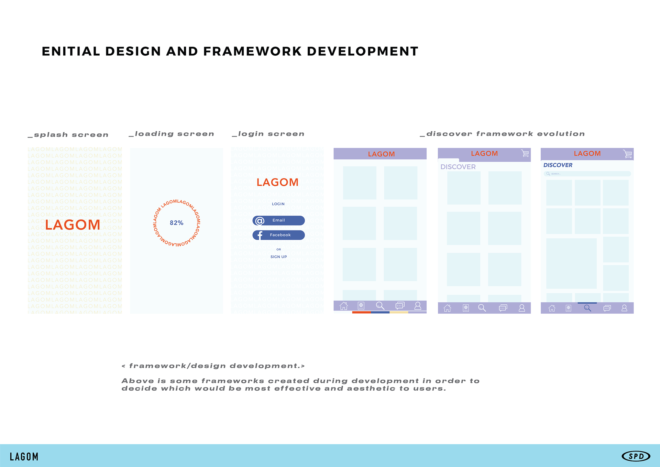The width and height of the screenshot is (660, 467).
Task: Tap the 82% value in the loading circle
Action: (x=176, y=223)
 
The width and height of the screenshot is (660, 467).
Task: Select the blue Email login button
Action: (x=278, y=220)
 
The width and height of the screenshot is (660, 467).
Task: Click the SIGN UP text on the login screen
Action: (x=278, y=257)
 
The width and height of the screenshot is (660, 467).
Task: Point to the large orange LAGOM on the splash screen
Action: (x=73, y=225)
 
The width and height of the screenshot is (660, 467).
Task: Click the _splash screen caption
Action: (x=68, y=135)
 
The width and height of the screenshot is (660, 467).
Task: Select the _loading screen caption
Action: (x=171, y=134)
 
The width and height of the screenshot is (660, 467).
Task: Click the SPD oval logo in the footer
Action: (x=636, y=456)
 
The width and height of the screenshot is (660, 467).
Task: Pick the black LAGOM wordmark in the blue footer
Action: (x=24, y=457)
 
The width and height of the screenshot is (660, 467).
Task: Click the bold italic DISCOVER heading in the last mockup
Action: (x=558, y=165)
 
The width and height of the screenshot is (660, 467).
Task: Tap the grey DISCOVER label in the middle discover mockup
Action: (x=458, y=167)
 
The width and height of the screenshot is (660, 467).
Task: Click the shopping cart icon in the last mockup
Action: (x=627, y=154)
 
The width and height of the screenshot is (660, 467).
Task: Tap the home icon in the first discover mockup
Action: (x=344, y=306)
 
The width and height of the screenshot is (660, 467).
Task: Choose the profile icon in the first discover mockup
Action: (x=418, y=306)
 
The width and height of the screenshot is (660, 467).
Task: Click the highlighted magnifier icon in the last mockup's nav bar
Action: (x=587, y=308)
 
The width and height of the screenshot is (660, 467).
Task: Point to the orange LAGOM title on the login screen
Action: (x=277, y=182)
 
